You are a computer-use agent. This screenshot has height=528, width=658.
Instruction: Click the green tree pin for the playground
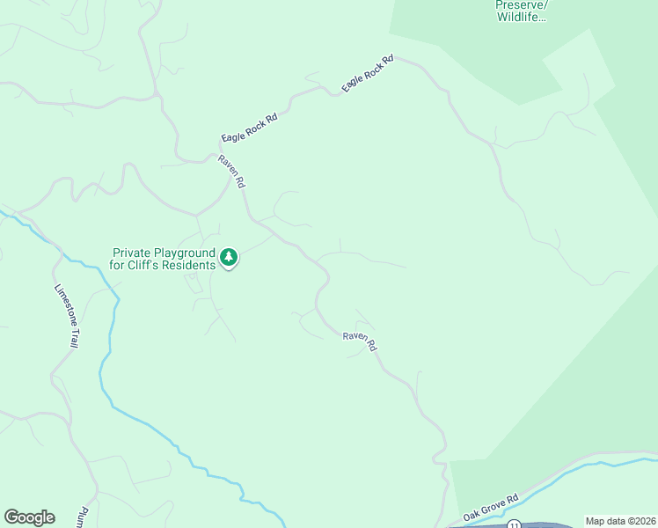point(229,257)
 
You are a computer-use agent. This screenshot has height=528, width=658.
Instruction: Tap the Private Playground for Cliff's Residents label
point(164,259)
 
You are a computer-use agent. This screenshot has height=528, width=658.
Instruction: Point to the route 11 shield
point(514,524)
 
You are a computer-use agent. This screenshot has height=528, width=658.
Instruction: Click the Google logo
point(29,517)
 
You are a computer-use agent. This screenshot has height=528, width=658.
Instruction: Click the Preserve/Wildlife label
point(521,10)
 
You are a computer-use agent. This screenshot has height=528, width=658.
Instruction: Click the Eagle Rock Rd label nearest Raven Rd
point(250,128)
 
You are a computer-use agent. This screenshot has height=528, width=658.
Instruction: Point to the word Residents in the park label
point(188,265)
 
